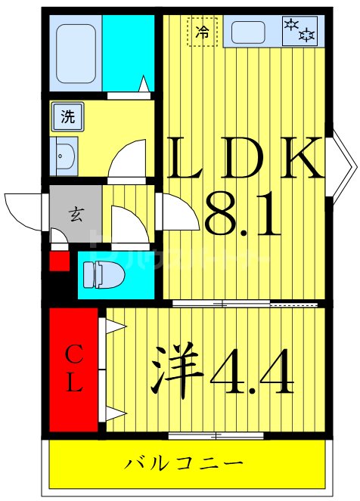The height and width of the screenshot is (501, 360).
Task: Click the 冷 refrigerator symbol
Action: [202, 32]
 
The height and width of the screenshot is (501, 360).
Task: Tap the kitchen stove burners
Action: [299, 31]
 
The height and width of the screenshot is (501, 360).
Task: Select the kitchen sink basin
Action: [248, 32]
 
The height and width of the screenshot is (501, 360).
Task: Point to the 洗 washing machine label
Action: [67, 117]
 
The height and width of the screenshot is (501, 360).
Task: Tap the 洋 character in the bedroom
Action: [178, 371]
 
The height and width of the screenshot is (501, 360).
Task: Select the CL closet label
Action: [73, 370]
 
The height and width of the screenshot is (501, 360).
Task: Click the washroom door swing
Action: [127, 159]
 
